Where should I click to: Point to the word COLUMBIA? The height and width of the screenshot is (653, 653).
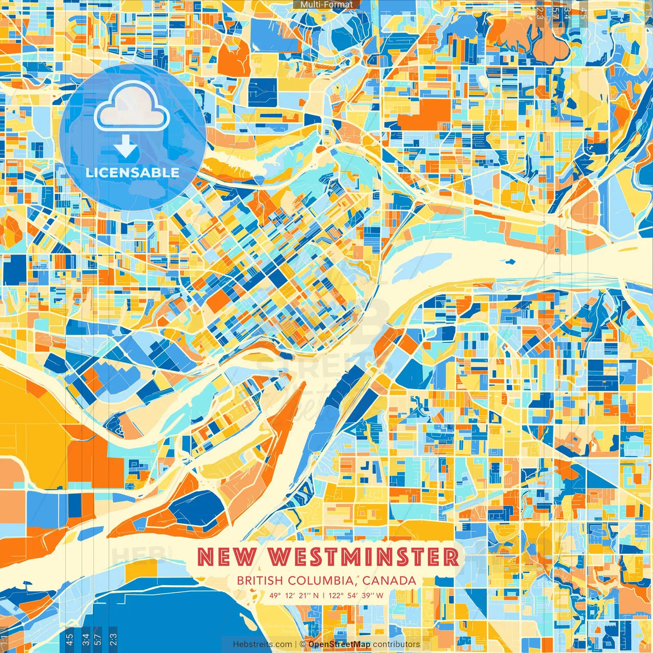click(322, 581)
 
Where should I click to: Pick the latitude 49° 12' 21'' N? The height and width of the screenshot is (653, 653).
click(294, 595)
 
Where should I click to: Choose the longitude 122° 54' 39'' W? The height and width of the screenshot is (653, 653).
click(356, 595)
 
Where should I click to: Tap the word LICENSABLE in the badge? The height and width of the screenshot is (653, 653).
click(133, 172)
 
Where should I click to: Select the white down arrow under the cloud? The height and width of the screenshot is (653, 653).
click(125, 148)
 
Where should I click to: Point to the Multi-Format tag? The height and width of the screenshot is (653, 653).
click(326, 5)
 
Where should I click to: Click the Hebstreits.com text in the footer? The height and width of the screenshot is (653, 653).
click(263, 644)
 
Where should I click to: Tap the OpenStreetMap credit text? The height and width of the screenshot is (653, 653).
click(339, 644)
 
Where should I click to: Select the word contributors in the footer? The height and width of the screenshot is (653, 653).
click(396, 644)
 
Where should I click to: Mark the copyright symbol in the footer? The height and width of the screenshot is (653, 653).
click(303, 644)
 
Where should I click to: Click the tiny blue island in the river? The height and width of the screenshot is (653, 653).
click(509, 262)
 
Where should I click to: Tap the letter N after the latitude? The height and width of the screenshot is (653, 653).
click(316, 595)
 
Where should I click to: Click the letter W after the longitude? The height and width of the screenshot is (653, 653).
click(380, 595)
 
